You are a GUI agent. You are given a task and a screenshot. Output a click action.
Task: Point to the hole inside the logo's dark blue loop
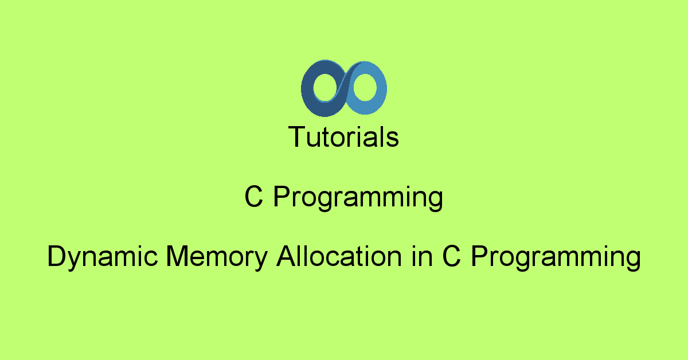(x=325, y=88)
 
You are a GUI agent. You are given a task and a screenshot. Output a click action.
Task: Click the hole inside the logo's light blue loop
(x=365, y=88)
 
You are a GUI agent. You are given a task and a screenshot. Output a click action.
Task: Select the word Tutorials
(x=343, y=136)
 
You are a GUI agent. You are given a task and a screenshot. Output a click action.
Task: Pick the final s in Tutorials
(x=392, y=139)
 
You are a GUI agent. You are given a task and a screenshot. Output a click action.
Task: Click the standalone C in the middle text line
(x=253, y=197)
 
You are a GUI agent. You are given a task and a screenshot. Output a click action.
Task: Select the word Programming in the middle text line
(x=358, y=198)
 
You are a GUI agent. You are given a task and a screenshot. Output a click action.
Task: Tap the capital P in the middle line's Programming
(x=282, y=197)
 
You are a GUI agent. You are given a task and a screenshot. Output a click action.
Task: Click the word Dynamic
(x=103, y=257)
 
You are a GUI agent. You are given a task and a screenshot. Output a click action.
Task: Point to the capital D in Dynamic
(x=57, y=256)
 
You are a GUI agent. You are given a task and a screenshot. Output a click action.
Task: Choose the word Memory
(x=217, y=257)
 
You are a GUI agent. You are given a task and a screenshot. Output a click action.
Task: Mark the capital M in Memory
(x=177, y=256)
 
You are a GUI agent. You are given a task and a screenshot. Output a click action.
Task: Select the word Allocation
(x=339, y=256)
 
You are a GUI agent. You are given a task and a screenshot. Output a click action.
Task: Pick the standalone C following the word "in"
(x=452, y=256)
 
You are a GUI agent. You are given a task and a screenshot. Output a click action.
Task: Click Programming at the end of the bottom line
(x=556, y=257)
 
